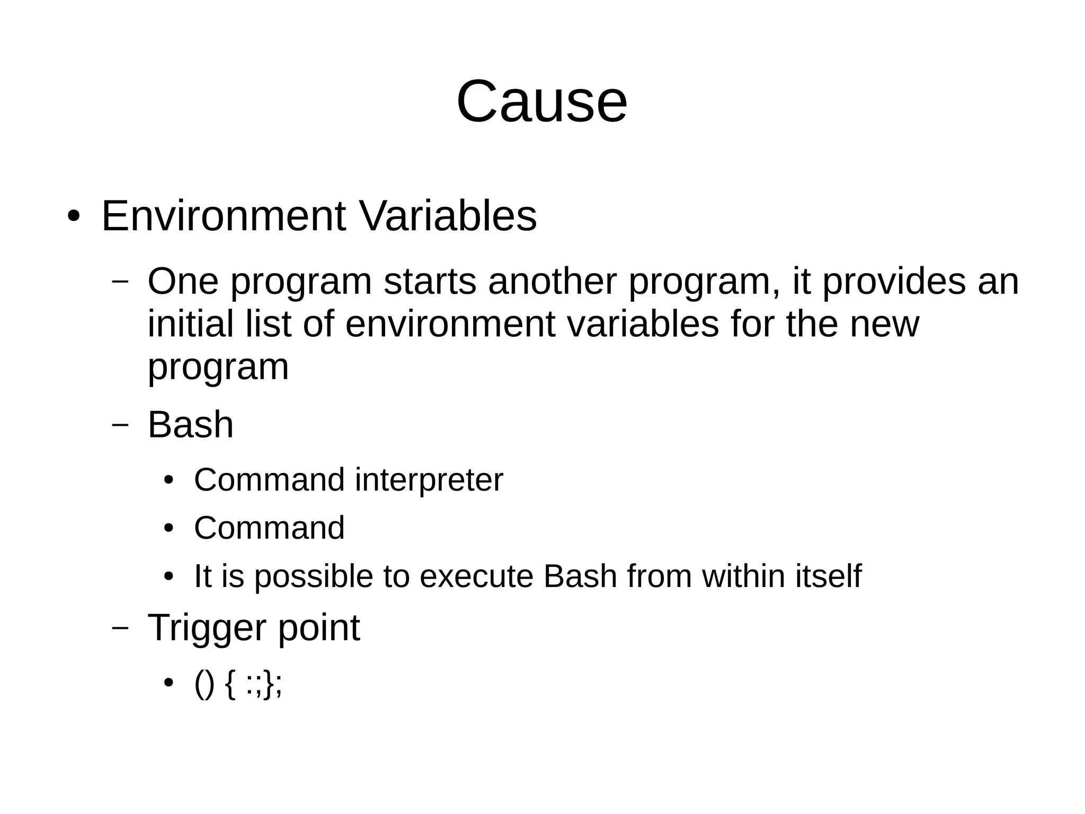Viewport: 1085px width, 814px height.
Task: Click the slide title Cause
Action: click(x=541, y=101)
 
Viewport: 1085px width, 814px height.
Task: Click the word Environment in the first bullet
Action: click(x=223, y=216)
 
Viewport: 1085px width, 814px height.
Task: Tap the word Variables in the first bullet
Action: click(x=448, y=216)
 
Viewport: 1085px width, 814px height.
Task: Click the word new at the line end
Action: click(x=884, y=325)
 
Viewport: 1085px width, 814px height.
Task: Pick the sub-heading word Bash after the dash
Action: click(x=190, y=425)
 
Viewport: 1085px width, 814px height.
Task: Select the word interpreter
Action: click(x=429, y=480)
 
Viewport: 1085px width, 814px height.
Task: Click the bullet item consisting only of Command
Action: click(x=269, y=528)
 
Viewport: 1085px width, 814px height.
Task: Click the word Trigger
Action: click(x=207, y=628)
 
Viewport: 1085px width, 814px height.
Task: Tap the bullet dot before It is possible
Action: click(x=168, y=577)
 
